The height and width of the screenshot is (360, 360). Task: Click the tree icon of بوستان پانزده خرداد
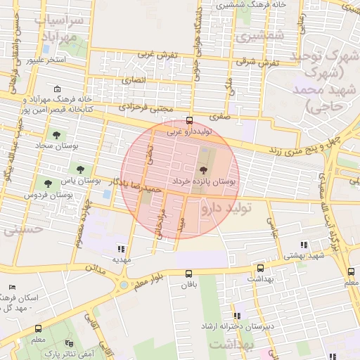203,170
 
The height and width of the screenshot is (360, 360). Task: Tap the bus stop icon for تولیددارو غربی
188,120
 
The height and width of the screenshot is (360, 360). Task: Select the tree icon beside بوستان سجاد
56,134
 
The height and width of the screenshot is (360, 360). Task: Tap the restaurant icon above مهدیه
122,248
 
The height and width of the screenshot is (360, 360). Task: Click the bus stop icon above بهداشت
261,268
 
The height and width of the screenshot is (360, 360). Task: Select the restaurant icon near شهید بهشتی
304,245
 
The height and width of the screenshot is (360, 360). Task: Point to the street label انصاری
134,80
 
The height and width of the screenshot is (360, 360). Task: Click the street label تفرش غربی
156,54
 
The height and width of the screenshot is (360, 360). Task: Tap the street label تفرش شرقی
257,63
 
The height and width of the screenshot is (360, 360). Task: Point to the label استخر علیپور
46,60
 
